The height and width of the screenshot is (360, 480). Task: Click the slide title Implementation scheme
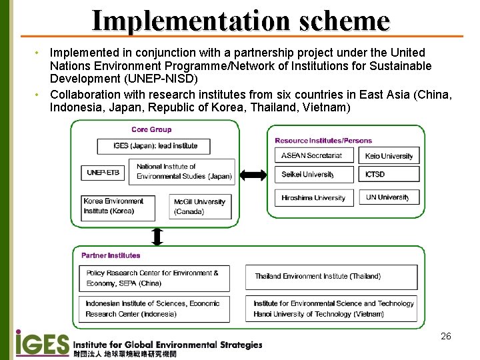point(240,20)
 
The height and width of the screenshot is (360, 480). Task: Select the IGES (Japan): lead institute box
point(153,146)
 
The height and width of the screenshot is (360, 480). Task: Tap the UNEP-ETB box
point(103,173)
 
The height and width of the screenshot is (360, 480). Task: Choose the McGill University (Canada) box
point(201,207)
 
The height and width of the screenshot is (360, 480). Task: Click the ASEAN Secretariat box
point(313,155)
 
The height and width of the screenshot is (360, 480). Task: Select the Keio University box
point(390,156)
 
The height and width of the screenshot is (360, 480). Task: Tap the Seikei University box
point(313,175)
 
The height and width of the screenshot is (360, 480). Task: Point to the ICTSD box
point(390,175)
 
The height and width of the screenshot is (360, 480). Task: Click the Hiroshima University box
point(313,197)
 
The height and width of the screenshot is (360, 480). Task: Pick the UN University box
point(390,197)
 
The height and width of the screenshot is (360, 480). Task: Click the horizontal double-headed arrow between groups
point(253,175)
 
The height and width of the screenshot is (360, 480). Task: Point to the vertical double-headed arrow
point(157,236)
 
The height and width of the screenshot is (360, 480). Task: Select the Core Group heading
point(151,129)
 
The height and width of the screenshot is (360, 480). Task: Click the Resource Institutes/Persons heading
point(323,140)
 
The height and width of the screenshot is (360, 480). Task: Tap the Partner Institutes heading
point(111,255)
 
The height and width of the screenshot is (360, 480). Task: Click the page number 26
point(446,336)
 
